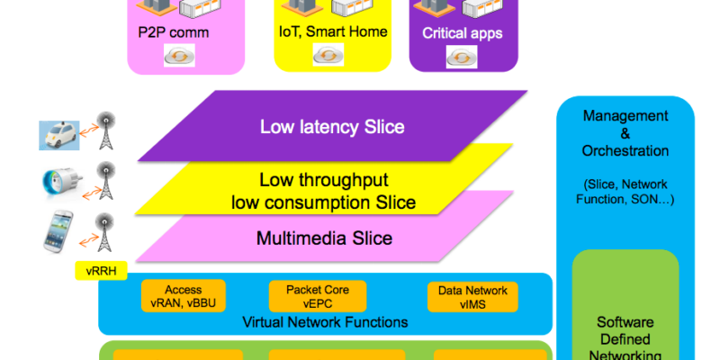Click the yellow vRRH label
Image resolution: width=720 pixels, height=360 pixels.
(x=101, y=271)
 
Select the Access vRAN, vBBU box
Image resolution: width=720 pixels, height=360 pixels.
(x=184, y=296)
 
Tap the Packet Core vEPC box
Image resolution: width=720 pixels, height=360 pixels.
(x=318, y=296)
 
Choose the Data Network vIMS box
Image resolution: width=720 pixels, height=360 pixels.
(x=472, y=297)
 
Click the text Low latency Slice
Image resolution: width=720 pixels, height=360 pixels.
(x=332, y=127)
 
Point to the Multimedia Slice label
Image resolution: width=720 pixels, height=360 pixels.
(x=324, y=238)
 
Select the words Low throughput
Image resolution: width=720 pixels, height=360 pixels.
(x=324, y=180)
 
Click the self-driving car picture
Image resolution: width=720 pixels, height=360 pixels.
(x=58, y=136)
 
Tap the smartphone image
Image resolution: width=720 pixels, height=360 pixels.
(x=58, y=231)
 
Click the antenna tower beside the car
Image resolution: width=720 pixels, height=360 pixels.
(x=106, y=130)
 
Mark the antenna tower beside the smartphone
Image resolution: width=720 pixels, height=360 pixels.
(x=104, y=232)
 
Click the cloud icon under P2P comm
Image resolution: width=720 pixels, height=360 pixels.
(x=179, y=56)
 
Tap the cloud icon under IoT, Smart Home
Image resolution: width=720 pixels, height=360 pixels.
(x=328, y=55)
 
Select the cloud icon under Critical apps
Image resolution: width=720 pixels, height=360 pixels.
(x=462, y=57)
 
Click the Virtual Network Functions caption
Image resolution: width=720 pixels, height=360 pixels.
(x=325, y=322)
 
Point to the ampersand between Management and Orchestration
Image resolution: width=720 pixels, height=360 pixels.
(x=625, y=133)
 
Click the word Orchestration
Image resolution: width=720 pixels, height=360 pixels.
(x=625, y=150)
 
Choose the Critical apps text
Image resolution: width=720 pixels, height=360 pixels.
(x=463, y=33)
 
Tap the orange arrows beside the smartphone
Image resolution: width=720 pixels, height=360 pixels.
(x=88, y=239)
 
